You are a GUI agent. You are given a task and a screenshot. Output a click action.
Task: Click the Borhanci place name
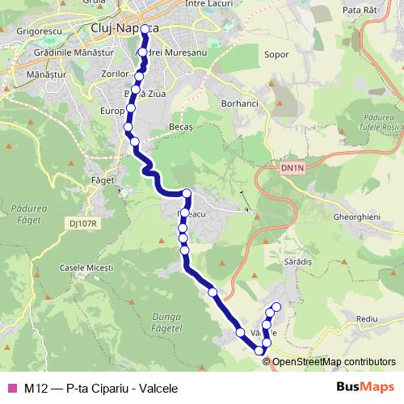click(238, 104)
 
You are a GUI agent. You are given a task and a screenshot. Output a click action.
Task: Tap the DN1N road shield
click(292, 168)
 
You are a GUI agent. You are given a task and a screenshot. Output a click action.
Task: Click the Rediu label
click(366, 320)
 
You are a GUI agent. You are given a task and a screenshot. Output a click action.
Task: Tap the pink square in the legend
click(11, 387)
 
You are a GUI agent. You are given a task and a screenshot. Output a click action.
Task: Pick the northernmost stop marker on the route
click(145, 30)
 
